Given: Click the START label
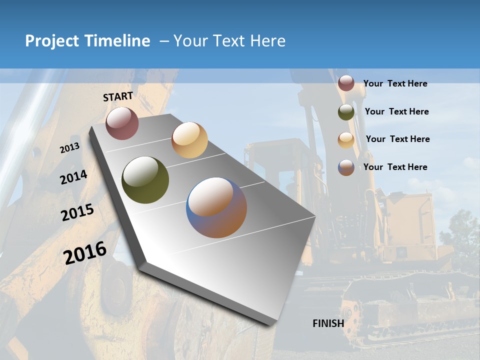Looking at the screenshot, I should click(118, 96).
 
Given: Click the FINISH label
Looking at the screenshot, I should click(328, 323).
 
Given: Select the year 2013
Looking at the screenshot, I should click(69, 148).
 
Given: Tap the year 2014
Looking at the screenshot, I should click(73, 177).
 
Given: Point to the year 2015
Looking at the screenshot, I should click(77, 212).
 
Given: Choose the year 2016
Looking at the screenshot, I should click(85, 253).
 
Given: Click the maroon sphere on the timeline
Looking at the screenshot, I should click(122, 123).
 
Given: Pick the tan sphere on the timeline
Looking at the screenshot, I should click(189, 140).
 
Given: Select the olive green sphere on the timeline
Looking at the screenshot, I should click(145, 180).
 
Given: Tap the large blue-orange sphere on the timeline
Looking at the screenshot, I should click(216, 207).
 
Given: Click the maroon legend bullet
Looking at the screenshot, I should click(346, 83).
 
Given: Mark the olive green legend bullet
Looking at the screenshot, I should click(346, 112).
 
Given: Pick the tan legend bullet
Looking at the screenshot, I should click(346, 139).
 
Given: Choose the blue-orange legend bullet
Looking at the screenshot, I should click(346, 167).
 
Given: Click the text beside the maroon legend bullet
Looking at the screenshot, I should click(395, 83).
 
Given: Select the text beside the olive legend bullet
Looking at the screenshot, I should click(396, 111).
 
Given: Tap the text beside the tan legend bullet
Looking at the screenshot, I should click(397, 139).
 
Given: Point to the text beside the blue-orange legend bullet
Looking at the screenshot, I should click(395, 167).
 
